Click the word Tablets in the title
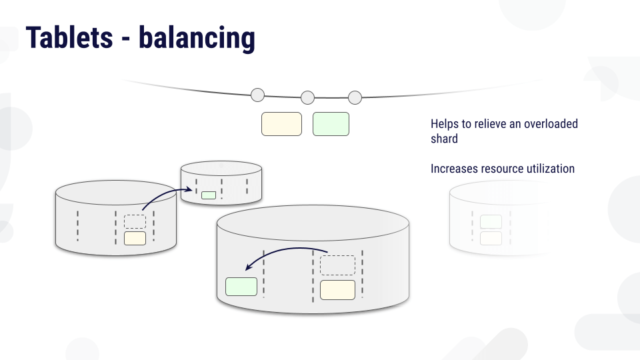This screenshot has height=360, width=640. click(69, 37)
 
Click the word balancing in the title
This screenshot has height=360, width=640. click(197, 39)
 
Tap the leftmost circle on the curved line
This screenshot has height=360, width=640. click(257, 95)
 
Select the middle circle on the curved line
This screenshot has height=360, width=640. click(308, 97)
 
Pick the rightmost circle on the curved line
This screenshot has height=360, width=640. click(355, 97)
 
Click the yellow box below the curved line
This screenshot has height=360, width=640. click(281, 124)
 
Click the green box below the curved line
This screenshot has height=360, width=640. click(331, 124)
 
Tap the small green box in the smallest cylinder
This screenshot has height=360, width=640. click(209, 195)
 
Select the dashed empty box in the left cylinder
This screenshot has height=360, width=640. click(135, 221)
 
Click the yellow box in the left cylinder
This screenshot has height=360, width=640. click(135, 239)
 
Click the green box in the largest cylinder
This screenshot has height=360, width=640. click(241, 287)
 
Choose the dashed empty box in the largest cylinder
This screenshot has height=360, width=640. click(337, 265)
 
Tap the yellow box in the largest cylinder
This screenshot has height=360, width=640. click(337, 290)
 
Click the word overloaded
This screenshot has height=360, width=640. click(551, 124)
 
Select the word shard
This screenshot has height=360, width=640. click(444, 139)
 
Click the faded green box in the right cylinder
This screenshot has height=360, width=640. click(491, 221)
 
